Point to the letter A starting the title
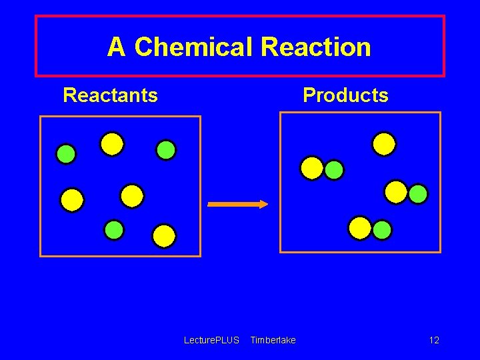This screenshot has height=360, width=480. [x=116, y=47]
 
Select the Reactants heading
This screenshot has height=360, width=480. [x=110, y=95]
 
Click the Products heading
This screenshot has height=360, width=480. [x=345, y=95]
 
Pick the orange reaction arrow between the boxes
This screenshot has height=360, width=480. [x=237, y=205]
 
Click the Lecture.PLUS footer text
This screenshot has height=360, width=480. [x=211, y=341]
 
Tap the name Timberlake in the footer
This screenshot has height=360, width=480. [x=273, y=341]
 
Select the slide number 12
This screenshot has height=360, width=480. [x=434, y=341]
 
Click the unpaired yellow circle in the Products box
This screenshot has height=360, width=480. [x=384, y=144]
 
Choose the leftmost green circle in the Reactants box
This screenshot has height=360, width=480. [x=66, y=154]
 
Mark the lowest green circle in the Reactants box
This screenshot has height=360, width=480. [x=114, y=230]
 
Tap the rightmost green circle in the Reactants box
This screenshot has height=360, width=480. [x=166, y=150]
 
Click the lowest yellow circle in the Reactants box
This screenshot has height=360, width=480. [x=164, y=236]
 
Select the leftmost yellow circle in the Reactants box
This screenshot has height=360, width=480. [x=72, y=200]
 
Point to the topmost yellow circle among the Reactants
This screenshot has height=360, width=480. [x=112, y=144]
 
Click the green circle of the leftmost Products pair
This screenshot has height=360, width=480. [x=334, y=170]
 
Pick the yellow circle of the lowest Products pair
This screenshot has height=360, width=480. [x=360, y=228]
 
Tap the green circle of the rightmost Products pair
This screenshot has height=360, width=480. [x=418, y=194]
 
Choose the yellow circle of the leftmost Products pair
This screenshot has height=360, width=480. [x=312, y=168]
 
